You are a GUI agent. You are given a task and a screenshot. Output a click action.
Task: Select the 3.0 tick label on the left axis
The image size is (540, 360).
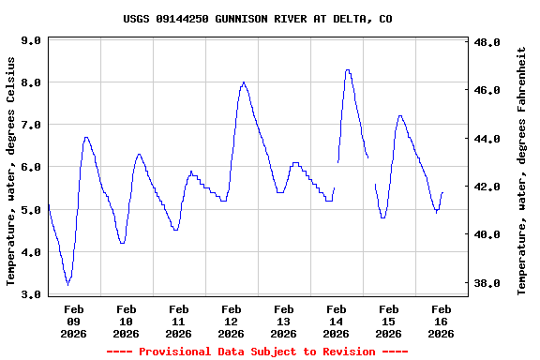pyautogui.click(x=31, y=295)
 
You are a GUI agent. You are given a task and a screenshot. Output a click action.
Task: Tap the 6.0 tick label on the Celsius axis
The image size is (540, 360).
pyautogui.click(x=31, y=168)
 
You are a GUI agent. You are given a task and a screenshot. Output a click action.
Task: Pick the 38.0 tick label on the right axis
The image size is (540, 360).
pyautogui.click(x=487, y=283)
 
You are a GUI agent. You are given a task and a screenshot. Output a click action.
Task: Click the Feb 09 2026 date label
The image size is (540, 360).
pyautogui.click(x=74, y=321)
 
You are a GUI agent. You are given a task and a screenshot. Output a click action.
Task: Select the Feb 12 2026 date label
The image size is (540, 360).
pyautogui.click(x=231, y=321)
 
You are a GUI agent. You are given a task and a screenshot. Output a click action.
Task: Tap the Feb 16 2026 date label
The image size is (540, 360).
pyautogui.click(x=441, y=321)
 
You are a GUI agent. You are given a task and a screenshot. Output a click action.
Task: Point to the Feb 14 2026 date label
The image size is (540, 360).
pyautogui.click(x=336, y=321)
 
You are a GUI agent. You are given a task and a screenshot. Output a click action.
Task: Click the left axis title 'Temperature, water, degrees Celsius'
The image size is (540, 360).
pyautogui.click(x=11, y=170)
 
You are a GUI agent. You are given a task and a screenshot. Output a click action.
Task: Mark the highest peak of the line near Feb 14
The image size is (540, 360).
pyautogui.click(x=348, y=69)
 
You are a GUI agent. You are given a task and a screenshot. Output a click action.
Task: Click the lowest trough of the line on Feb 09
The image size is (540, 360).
pyautogui.click(x=67, y=284)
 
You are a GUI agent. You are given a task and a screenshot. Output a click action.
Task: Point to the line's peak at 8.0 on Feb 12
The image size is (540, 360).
pyautogui.click(x=244, y=82)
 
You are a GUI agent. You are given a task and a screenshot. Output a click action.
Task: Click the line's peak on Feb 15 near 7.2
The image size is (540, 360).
pyautogui.click(x=401, y=116)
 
